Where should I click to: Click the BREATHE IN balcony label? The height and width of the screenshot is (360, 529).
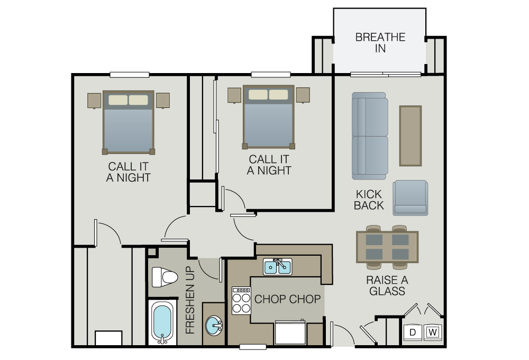coord(380,42)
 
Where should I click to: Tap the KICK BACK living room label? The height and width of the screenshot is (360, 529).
coord(369,200)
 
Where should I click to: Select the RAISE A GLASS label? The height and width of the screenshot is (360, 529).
coord(387,285)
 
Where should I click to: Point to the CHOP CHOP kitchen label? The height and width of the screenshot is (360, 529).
coord(287,299)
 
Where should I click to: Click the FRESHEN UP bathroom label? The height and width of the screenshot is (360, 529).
coord(190,300)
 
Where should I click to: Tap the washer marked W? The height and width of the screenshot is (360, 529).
coord(433,332)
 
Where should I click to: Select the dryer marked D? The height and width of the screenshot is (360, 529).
coord(413,332)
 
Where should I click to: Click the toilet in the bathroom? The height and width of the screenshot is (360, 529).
coord(165,277)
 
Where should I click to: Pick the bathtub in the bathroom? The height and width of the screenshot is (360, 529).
coord(162,322)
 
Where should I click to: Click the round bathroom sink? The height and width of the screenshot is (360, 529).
coord(214,326)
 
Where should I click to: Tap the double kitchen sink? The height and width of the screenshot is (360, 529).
coord(277,267)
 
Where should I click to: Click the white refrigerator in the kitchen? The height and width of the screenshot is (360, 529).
coord(290,332)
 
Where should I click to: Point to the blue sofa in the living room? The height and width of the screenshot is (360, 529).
coord(370,136)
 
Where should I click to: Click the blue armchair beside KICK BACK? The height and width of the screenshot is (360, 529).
coord(411,198)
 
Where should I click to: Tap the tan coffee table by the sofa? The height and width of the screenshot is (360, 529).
coord(411,136)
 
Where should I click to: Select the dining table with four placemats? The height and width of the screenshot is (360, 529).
coord(387,247)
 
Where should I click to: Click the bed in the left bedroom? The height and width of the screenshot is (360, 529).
coord(128,122)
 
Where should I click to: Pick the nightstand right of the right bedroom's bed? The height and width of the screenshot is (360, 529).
coord(303,95)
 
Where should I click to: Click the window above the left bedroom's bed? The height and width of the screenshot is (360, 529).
coord(130,75)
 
